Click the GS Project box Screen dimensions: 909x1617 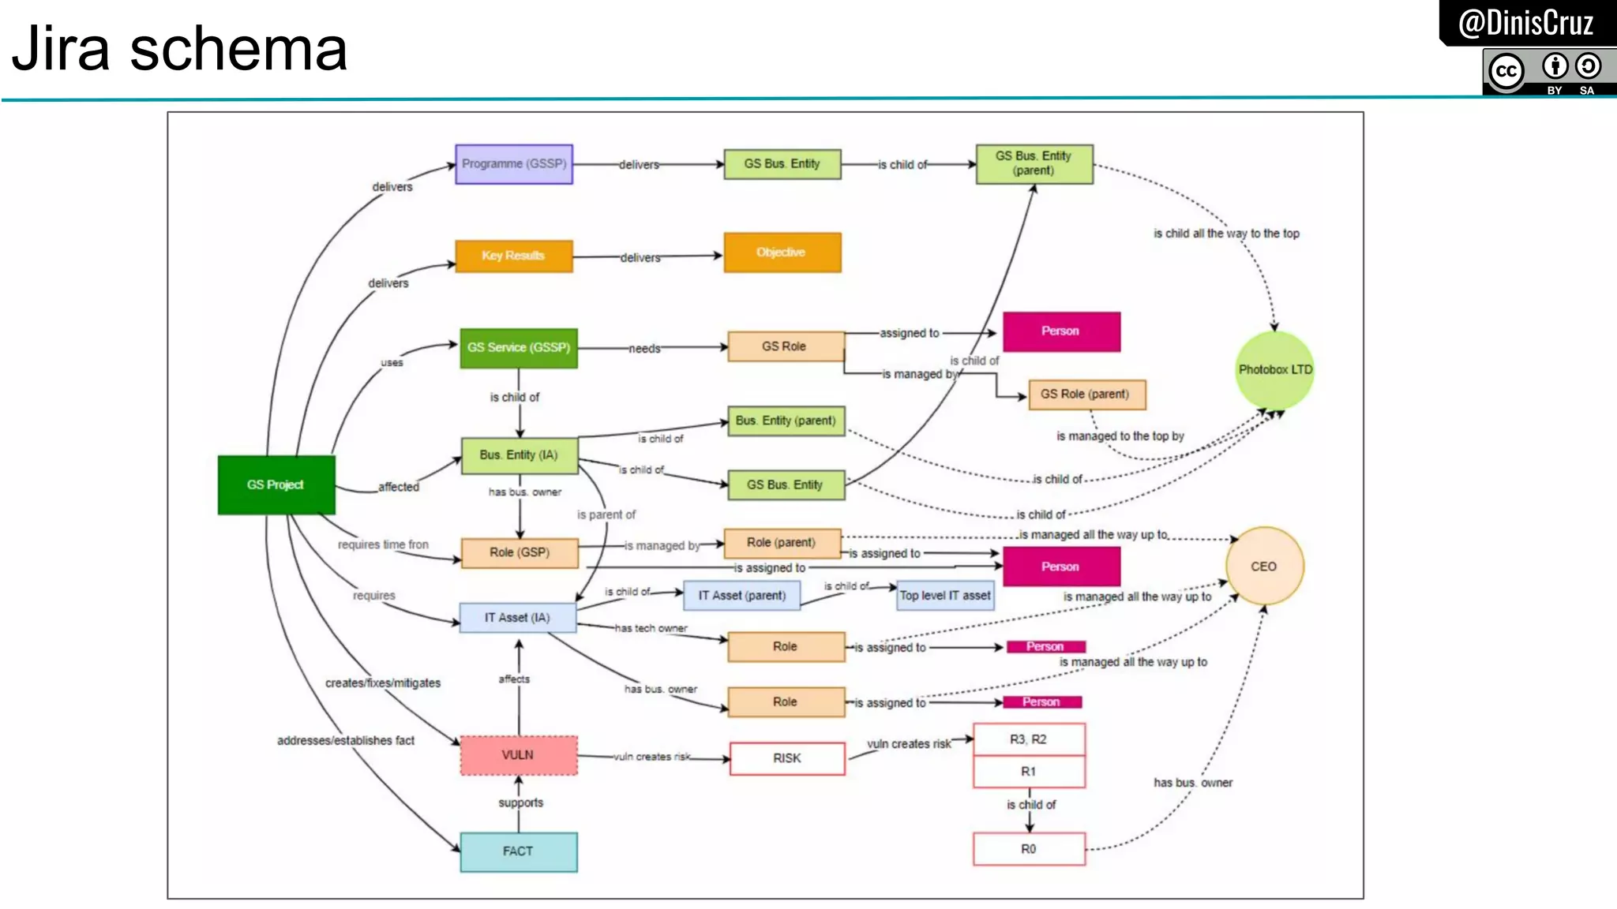click(276, 484)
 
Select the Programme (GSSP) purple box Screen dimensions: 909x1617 click(514, 164)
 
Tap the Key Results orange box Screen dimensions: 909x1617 click(513, 256)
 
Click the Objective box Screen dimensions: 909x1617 click(782, 252)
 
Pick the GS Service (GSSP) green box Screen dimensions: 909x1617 click(519, 348)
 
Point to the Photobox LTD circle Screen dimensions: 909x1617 click(1274, 370)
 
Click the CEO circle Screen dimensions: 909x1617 click(1263, 567)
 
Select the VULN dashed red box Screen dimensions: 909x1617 click(519, 755)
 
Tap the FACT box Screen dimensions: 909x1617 click(519, 851)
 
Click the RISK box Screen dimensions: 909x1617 click(787, 758)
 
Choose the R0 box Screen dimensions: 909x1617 click(1029, 849)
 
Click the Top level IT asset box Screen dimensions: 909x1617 click(945, 596)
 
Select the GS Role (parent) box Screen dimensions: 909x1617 click(1086, 395)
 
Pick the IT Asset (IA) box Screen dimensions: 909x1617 click(518, 618)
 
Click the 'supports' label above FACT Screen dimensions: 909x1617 click(520, 802)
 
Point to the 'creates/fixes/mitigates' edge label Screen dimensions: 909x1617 click(383, 683)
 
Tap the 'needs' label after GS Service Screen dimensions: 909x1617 click(644, 349)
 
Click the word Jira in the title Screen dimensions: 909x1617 click(61, 49)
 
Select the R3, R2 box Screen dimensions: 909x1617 click(1028, 739)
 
